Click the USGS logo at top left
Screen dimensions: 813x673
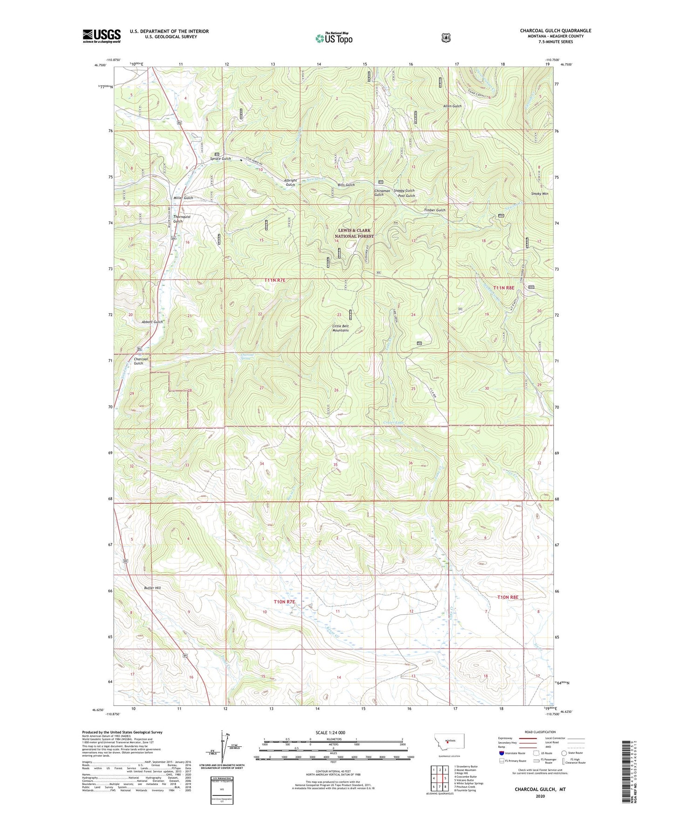point(102,35)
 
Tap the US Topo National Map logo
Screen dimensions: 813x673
point(334,38)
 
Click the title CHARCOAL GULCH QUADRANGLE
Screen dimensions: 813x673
point(555,31)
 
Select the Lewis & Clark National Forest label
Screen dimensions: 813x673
point(356,233)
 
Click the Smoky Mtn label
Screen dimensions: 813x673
point(539,194)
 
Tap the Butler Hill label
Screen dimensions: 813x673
point(152,588)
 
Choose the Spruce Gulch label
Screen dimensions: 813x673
point(219,159)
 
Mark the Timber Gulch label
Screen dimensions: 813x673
point(434,210)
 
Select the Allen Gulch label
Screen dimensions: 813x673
point(452,106)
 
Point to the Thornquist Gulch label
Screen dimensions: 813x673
point(178,219)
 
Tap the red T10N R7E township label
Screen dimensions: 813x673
point(284,602)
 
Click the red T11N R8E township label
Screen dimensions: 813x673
point(503,288)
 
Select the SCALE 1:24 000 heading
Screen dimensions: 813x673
point(330,732)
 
